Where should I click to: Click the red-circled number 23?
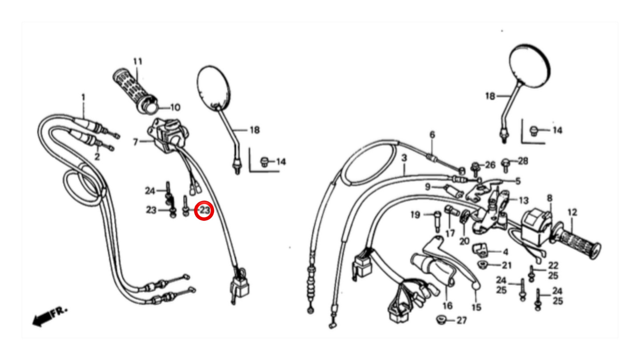(x=204, y=210)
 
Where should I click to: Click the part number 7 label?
(x=136, y=142)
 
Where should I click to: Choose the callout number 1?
(x=83, y=97)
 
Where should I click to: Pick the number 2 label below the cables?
(x=97, y=157)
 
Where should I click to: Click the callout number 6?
(x=432, y=135)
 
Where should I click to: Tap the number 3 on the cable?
(x=404, y=158)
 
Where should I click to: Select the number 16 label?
(x=447, y=305)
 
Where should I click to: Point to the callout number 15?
(x=476, y=307)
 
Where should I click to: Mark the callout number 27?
(x=462, y=320)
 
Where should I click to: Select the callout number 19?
(x=415, y=215)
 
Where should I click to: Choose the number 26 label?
(x=490, y=165)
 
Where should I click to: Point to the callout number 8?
(x=549, y=198)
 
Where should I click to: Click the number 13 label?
(x=524, y=200)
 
